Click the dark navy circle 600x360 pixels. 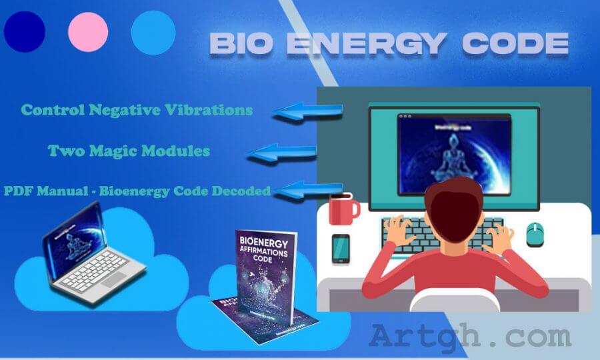pos(25,31)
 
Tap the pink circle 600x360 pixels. pos(88,31)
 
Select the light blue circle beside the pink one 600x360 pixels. pos(153,32)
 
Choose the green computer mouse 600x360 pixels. pos(535,233)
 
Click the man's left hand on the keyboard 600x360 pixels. pos(400,230)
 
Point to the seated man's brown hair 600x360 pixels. pos(454,203)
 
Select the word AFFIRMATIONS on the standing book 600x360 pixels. pos(265,254)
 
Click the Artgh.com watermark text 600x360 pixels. pos(470,336)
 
